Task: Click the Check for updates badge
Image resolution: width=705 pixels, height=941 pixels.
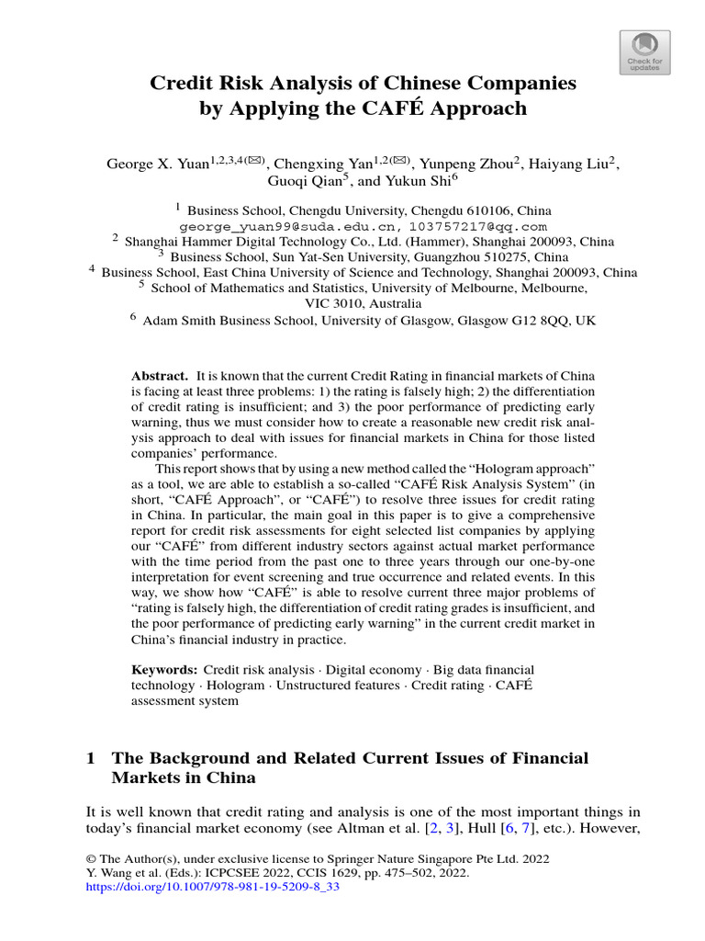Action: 645,51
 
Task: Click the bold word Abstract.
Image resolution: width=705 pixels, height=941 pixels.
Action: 159,377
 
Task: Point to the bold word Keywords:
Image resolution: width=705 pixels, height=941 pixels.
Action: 164,670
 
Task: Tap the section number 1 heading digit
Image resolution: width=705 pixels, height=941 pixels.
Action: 90,758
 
